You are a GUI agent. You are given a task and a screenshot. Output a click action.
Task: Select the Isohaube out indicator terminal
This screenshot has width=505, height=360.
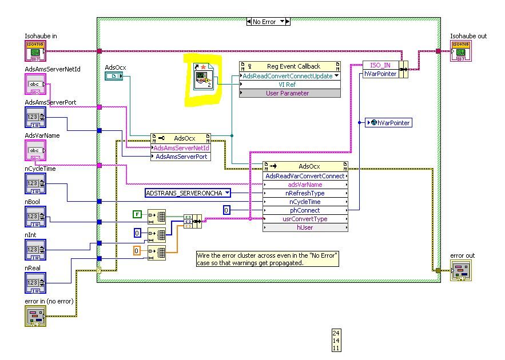pyautogui.click(x=461, y=51)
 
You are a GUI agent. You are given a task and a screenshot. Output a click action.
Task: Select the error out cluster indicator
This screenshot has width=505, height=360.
pyautogui.click(x=460, y=270)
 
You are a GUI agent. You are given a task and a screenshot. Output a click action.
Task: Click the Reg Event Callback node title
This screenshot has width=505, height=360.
pyautogui.click(x=293, y=66)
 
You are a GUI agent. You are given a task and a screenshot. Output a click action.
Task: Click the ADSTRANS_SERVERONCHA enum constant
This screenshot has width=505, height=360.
pyautogui.click(x=186, y=193)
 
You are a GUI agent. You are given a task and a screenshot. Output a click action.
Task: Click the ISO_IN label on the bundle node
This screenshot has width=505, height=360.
pyautogui.click(x=380, y=65)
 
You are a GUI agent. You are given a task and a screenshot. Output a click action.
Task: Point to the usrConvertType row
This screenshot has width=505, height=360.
pyautogui.click(x=305, y=219)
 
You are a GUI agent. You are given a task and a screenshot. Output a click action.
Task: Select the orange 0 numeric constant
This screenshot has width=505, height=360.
pyautogui.click(x=137, y=250)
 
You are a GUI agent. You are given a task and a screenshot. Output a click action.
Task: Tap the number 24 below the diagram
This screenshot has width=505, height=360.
pyautogui.click(x=336, y=333)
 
